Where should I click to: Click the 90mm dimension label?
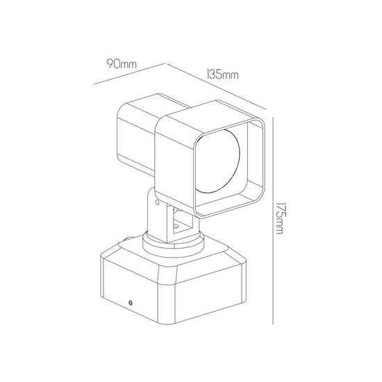point(122,64)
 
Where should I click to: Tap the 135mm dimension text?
point(222,74)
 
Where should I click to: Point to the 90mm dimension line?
point(130,74)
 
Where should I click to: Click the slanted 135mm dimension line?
point(216,86)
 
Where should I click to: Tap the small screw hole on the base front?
point(131,303)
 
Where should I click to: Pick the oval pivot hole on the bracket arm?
point(158,202)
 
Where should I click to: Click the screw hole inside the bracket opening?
point(176,227)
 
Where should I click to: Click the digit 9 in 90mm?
point(110,64)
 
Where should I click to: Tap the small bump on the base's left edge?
point(128,238)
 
